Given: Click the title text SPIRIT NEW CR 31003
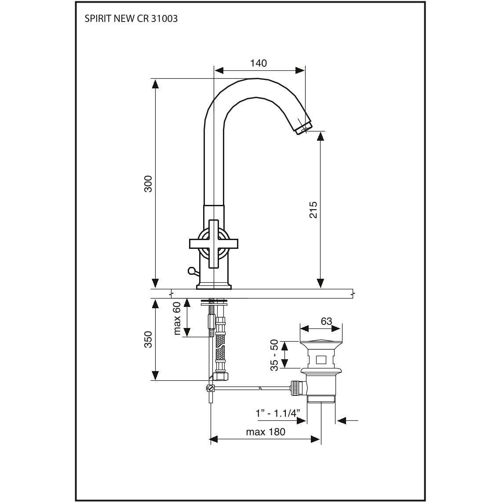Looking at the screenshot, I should [131, 19].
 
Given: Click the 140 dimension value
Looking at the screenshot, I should [259, 63].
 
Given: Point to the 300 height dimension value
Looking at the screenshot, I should [148, 183].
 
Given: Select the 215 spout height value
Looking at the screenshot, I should [313, 210].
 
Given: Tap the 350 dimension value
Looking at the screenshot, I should [148, 339].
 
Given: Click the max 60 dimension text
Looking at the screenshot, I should [177, 318].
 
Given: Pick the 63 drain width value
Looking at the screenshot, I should [326, 321].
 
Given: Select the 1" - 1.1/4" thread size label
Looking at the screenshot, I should [278, 413].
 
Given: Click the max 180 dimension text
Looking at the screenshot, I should [266, 432].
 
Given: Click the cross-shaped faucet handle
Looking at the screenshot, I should [214, 243].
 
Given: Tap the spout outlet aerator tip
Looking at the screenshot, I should [303, 128].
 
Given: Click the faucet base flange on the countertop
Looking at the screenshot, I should [214, 287].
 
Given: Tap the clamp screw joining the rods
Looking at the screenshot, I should [211, 388].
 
